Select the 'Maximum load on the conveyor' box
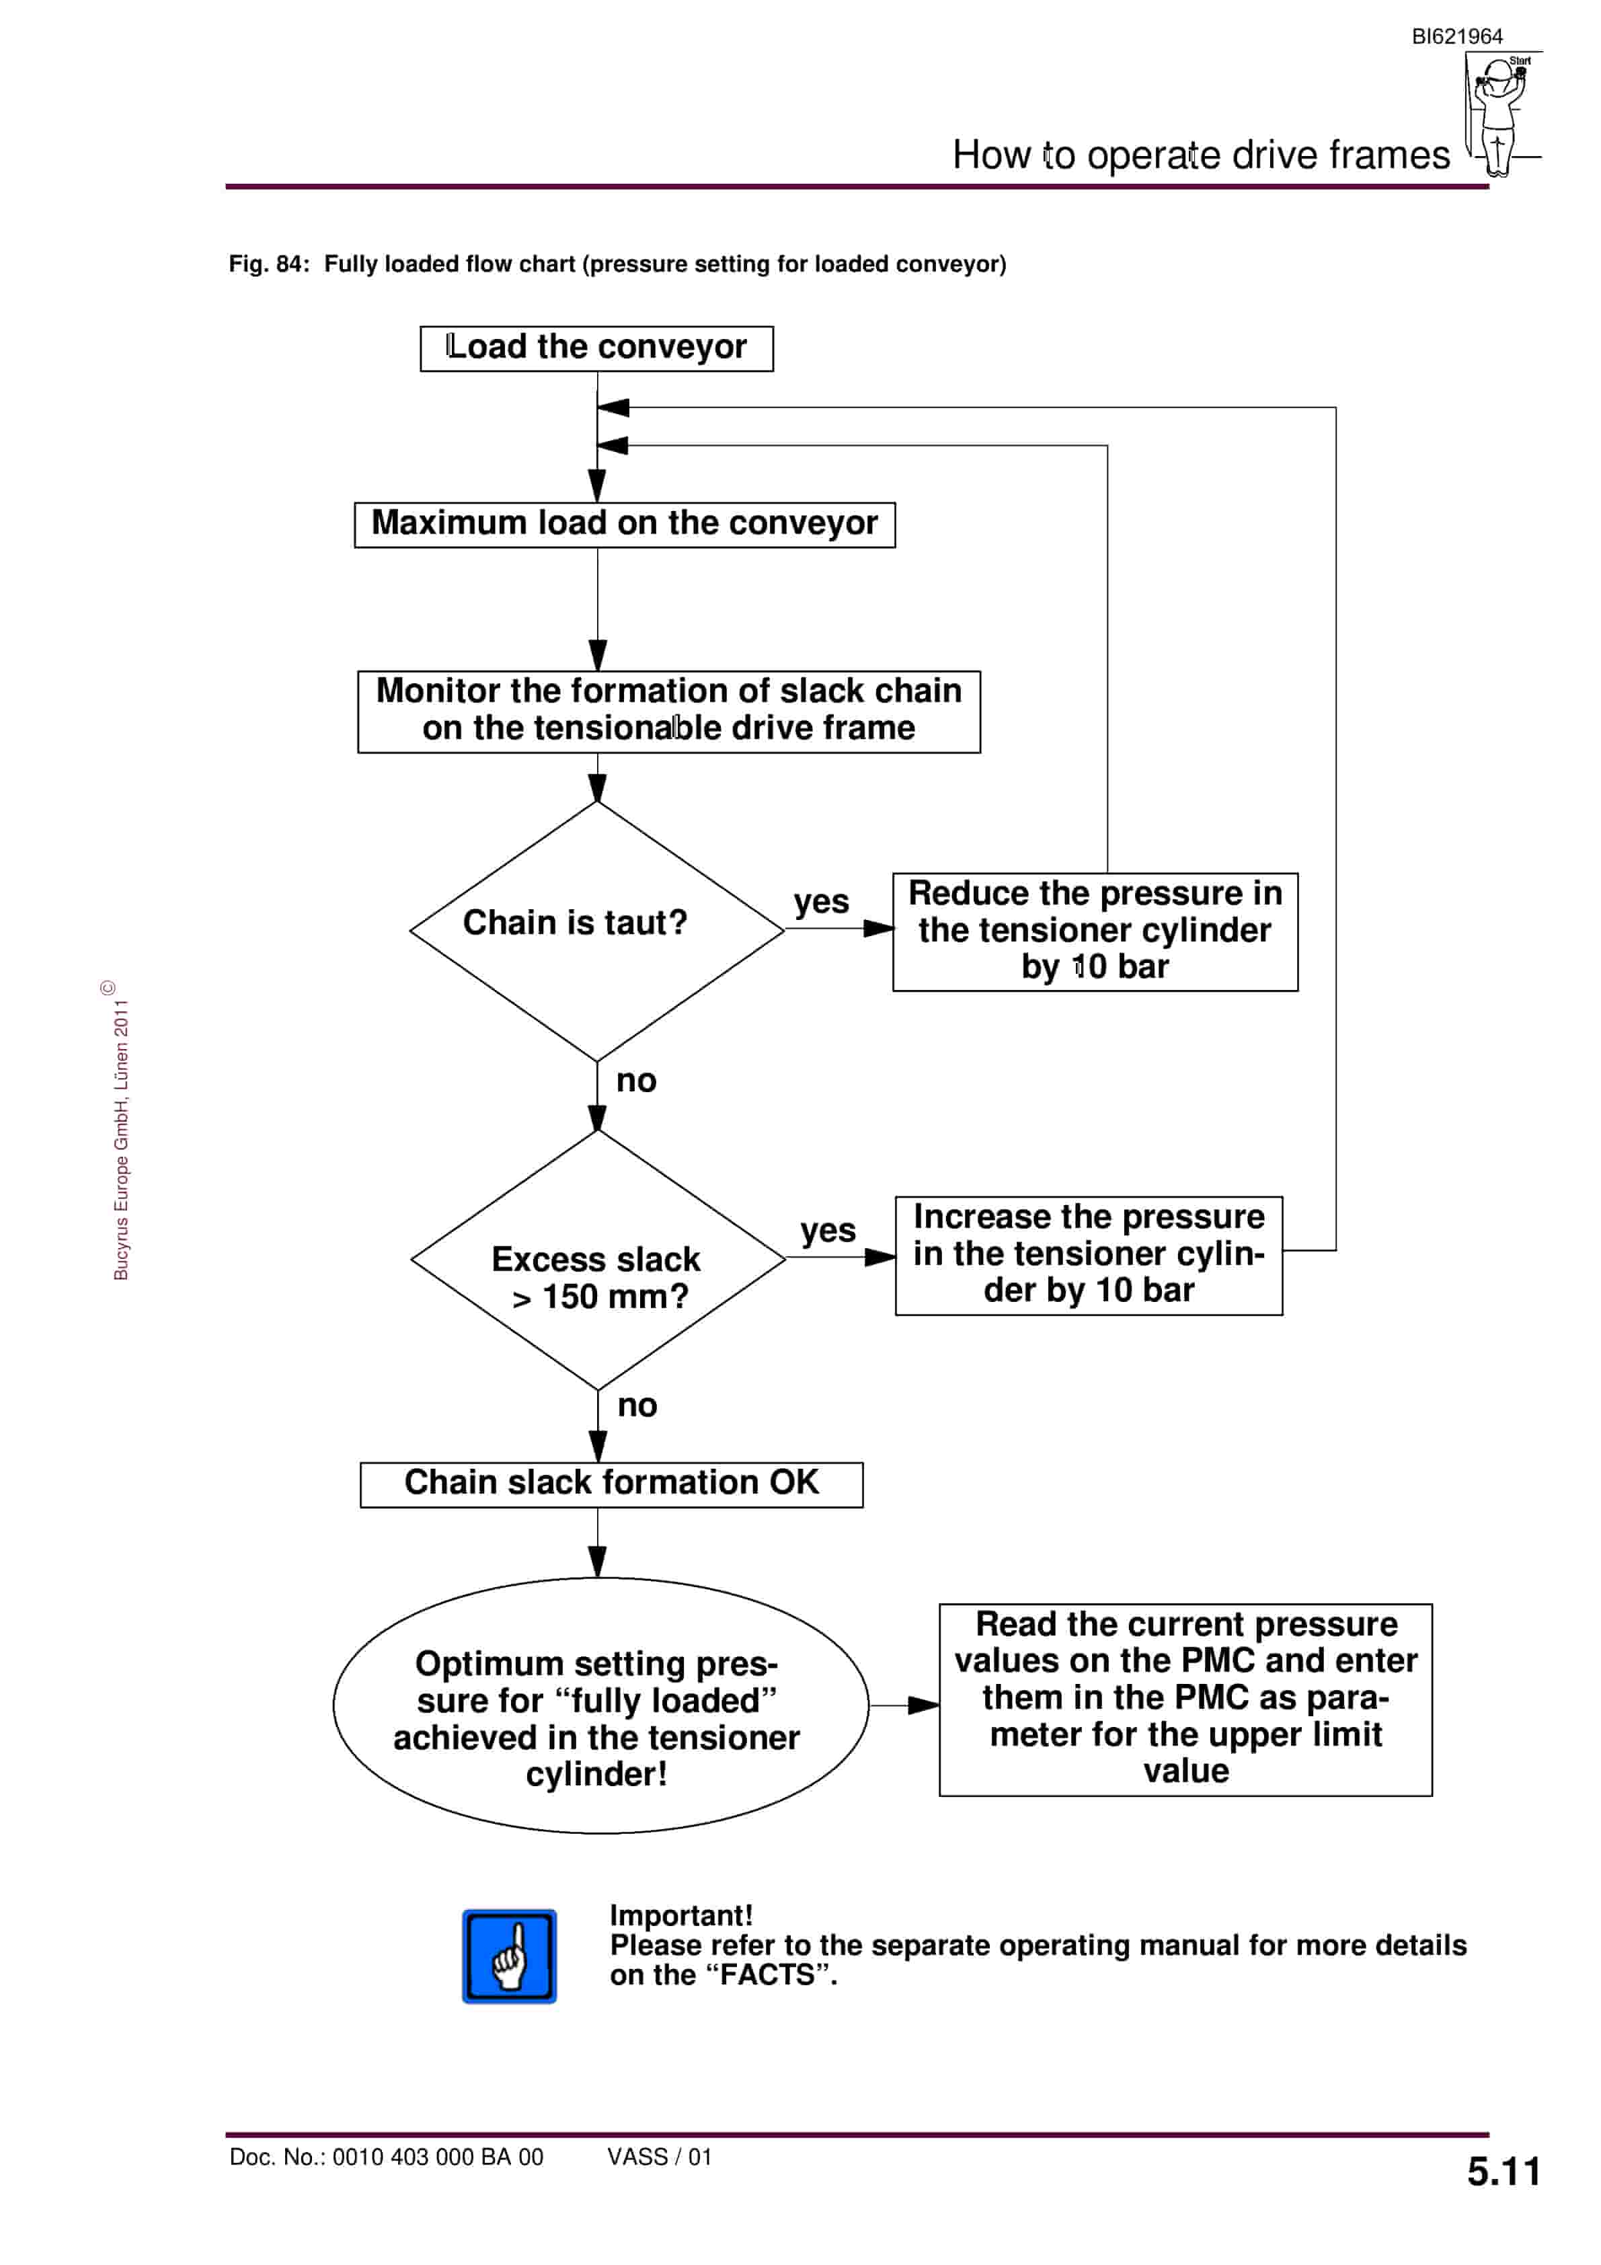pos(625,525)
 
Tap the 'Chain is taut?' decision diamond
pos(597,930)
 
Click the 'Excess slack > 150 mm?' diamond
pos(598,1260)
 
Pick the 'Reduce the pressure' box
pos(1095,931)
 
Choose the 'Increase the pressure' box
pos(1089,1256)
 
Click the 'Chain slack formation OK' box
pos(612,1485)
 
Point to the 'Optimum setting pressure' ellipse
pos(600,1705)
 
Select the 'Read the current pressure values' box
pos(1185,1699)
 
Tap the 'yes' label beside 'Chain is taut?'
pos(821,902)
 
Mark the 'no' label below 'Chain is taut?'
pos(636,1081)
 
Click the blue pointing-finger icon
pos(509,1956)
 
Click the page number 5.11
pos(1504,2172)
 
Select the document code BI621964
pos(1457,36)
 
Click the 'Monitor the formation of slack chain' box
pos(669,712)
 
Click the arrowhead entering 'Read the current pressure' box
pos(925,1705)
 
